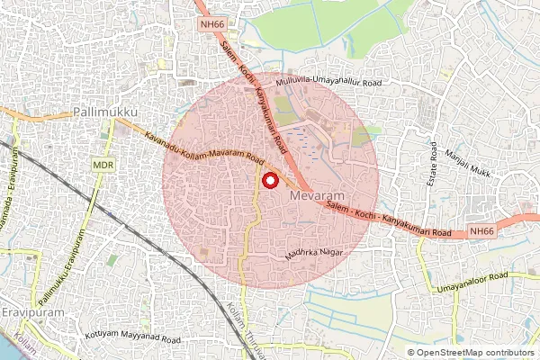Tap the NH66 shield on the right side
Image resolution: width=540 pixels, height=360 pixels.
coord(481,231)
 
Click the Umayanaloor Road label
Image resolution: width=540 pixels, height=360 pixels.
coord(473,283)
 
